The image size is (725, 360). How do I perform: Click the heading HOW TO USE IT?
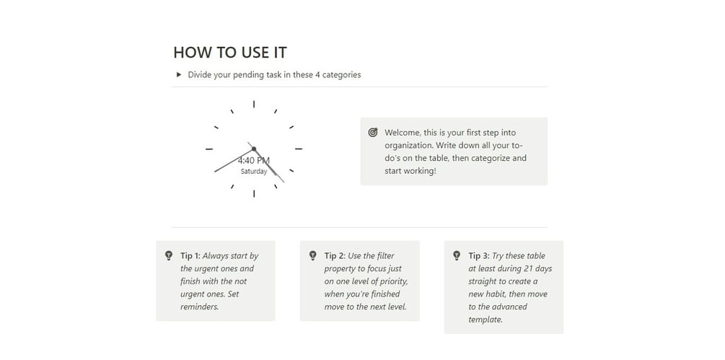(230, 52)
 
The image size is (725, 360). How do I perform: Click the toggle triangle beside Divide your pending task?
(179, 74)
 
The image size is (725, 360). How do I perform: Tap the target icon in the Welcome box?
(373, 133)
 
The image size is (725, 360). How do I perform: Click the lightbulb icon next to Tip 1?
(169, 255)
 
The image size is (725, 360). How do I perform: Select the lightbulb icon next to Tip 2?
(312, 255)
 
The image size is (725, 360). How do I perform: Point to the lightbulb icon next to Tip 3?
(457, 255)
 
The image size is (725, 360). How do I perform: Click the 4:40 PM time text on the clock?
(254, 161)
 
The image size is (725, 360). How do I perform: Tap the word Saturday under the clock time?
(254, 172)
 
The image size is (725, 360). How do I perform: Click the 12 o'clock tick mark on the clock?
(254, 104)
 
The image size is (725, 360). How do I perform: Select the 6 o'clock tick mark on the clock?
(254, 193)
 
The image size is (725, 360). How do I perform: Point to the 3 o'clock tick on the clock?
(299, 149)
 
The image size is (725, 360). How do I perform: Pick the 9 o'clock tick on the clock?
(209, 149)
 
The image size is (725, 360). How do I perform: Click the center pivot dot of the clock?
(254, 149)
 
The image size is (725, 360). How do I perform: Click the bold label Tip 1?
(190, 255)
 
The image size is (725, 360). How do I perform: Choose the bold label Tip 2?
(335, 255)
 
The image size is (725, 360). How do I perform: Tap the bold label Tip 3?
(479, 255)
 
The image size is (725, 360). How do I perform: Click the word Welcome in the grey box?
(403, 133)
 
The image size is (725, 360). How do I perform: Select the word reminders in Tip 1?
(199, 307)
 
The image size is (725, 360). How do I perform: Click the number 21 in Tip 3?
(530, 268)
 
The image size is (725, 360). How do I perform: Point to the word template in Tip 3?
(485, 320)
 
